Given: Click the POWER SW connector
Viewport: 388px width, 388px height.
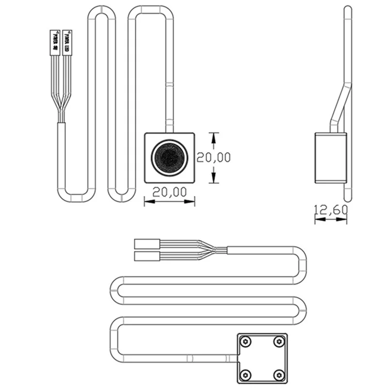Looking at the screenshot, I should coord(55,42).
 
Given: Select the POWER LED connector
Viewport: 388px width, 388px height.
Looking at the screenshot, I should coord(67,42).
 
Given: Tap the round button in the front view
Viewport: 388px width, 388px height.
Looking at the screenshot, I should coord(169,157).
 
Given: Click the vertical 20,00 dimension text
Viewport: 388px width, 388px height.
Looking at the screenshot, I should coord(213,157).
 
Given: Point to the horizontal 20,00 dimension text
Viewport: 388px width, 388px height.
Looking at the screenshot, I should coord(170,192).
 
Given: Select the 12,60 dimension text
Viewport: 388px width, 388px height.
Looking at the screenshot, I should coord(331,210).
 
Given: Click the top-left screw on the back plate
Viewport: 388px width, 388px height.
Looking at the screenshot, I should coord(246,342).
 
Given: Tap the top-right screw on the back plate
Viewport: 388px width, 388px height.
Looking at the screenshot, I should coord(278,342).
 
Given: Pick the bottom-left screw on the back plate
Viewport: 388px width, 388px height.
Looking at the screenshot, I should coord(246,374).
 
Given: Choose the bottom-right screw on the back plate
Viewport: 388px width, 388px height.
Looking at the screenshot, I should coord(278,374).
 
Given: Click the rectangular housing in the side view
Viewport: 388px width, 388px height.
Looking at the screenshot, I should coord(330,158).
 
